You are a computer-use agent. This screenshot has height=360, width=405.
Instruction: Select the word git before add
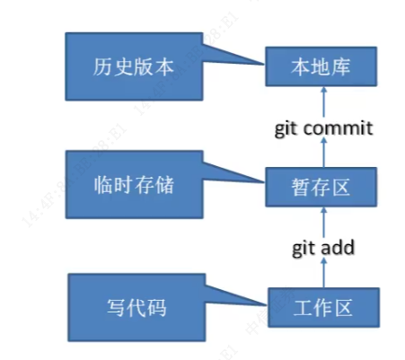click(x=304, y=248)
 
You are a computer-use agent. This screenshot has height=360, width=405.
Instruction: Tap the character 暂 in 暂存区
click(x=297, y=188)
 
